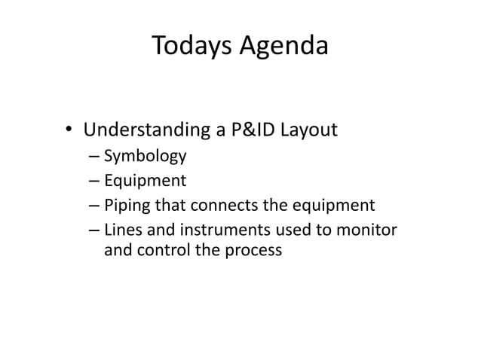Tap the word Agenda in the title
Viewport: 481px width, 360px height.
point(284,47)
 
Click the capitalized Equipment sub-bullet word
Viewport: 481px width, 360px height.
point(144,182)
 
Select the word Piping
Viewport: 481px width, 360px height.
point(125,205)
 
